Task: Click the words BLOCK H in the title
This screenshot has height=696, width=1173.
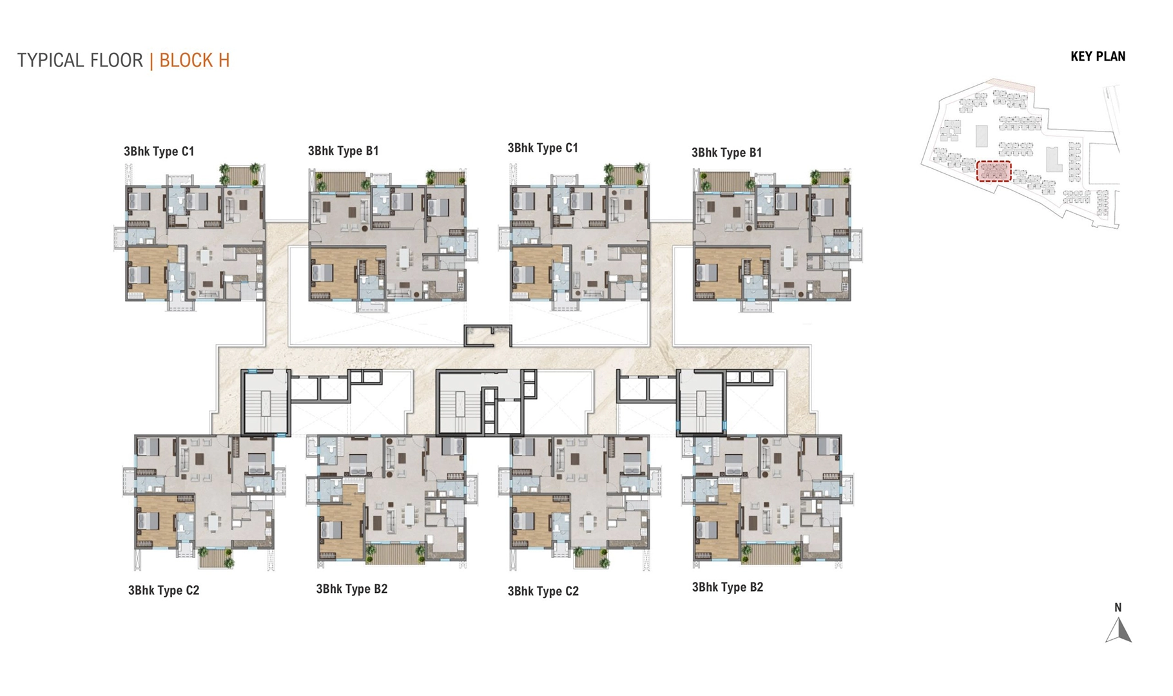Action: click(194, 61)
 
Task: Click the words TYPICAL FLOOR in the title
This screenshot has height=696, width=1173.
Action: click(80, 61)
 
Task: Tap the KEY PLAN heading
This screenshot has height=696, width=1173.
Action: click(1098, 57)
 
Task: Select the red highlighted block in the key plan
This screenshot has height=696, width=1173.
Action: click(993, 171)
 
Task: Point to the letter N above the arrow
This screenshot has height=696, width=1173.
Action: click(1118, 608)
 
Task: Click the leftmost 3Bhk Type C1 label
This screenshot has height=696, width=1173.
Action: click(159, 152)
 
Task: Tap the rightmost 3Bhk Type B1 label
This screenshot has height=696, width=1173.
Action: click(726, 153)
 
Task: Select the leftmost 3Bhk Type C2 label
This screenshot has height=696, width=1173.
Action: click(164, 591)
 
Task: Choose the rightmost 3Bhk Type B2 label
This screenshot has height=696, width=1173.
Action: click(727, 588)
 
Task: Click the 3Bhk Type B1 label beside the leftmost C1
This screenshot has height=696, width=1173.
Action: click(343, 151)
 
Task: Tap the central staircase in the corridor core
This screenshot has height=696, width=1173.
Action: click(460, 403)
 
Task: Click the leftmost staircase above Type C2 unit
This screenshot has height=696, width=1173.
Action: click(265, 402)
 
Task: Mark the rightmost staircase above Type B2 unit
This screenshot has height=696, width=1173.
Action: click(701, 402)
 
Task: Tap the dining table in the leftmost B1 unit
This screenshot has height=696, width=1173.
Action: click(404, 258)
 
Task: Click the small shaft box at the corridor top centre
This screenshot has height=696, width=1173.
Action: click(487, 336)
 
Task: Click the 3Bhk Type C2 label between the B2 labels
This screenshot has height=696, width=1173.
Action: click(543, 592)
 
